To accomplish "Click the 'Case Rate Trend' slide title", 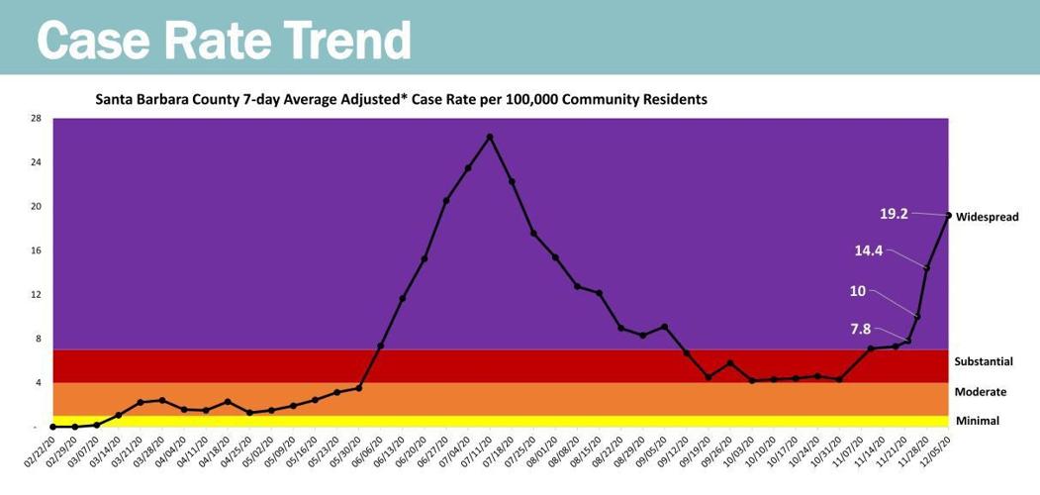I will (x=223, y=40).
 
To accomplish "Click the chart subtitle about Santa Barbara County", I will (x=401, y=100).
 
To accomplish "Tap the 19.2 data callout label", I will (x=894, y=213).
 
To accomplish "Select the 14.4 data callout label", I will (x=868, y=250).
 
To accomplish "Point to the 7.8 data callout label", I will (x=862, y=329).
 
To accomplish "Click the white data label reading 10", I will (x=858, y=291).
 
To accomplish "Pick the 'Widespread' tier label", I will (x=987, y=217).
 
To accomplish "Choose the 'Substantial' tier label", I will (x=984, y=362).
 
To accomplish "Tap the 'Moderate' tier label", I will (x=980, y=392).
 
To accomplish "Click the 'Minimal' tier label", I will (x=977, y=421).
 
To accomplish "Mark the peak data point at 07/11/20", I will (x=490, y=137).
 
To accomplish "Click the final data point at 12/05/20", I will (x=948, y=215).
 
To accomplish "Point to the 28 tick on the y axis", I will (x=35, y=119).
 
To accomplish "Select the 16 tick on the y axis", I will (x=35, y=250).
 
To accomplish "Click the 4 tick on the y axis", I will (x=37, y=383).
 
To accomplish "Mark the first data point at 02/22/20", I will (x=53, y=427).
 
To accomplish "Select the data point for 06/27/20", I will (x=446, y=200).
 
